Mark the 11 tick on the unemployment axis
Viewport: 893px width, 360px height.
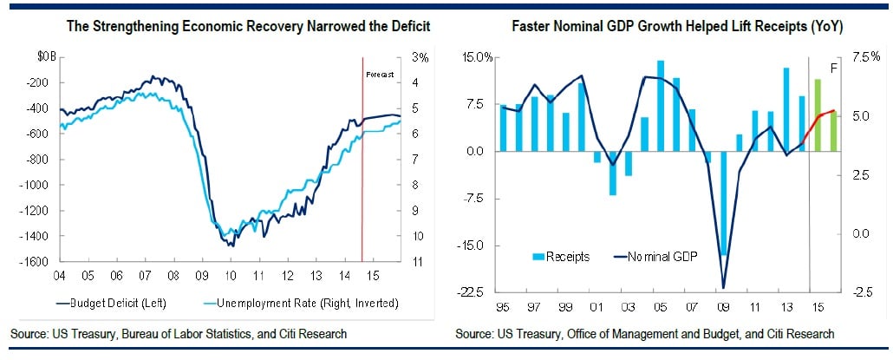418,262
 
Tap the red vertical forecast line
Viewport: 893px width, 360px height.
362,173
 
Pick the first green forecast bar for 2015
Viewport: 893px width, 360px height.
818,115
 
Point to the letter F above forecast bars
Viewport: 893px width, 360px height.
835,67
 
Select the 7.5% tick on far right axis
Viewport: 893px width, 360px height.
868,57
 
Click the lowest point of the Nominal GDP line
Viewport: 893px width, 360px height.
723,287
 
